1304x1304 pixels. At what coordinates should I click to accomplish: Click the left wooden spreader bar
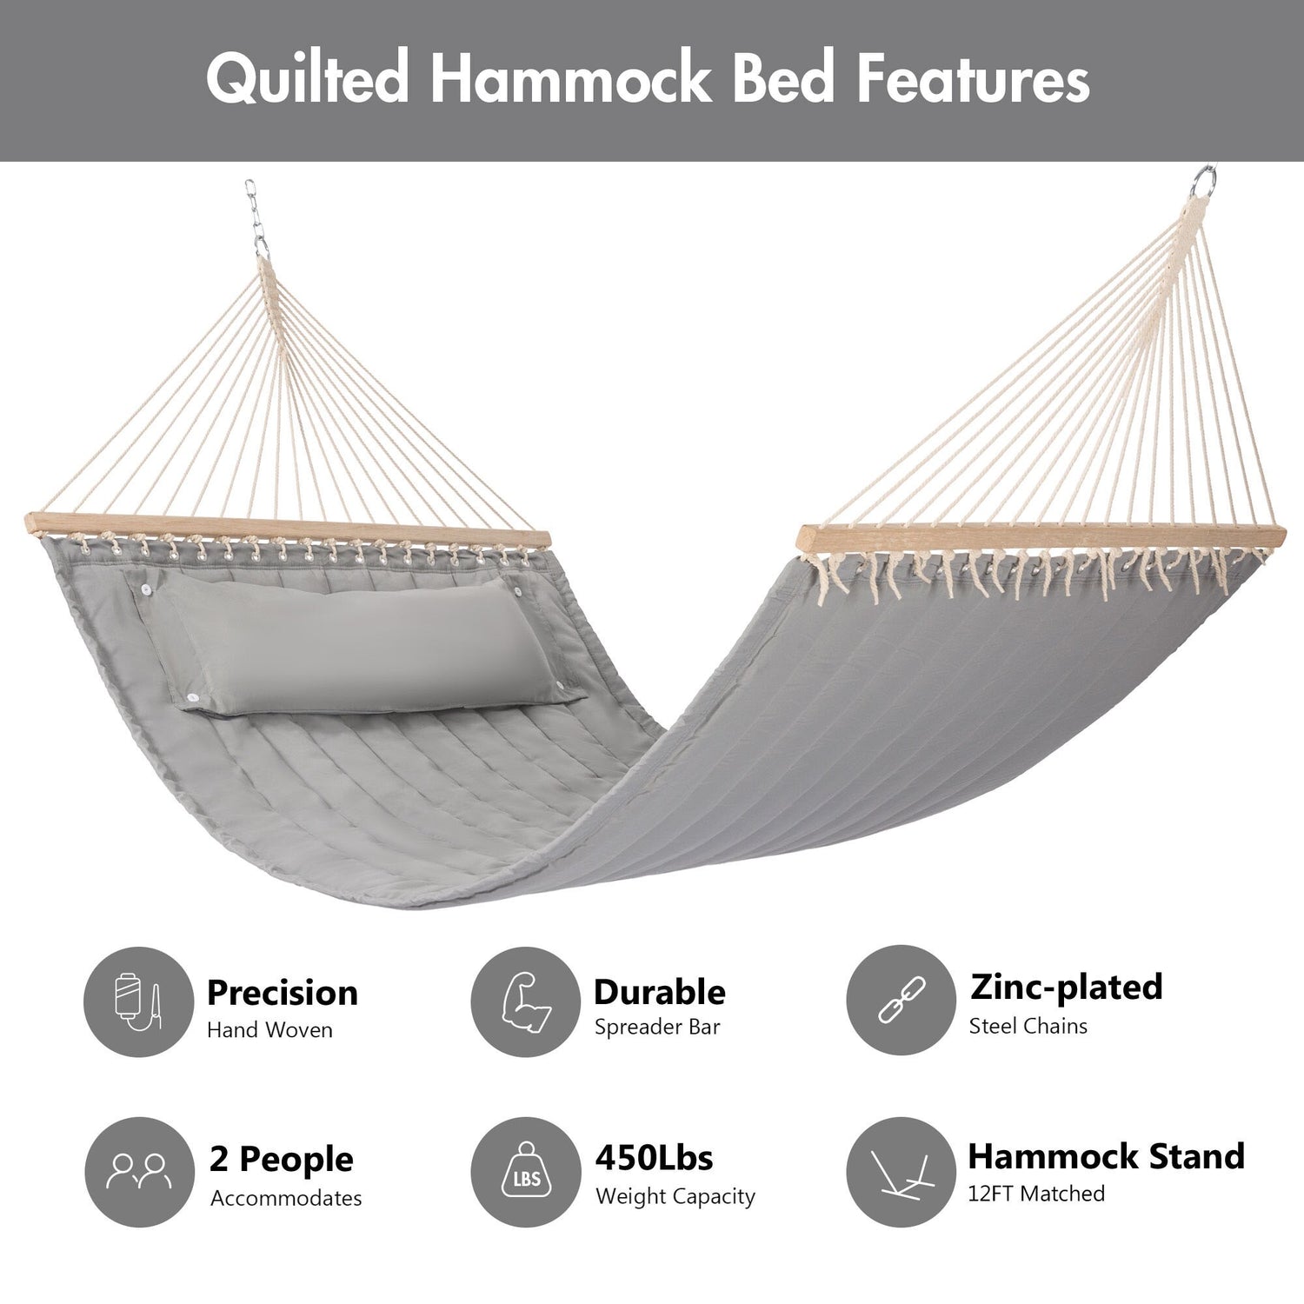pyautogui.click(x=288, y=531)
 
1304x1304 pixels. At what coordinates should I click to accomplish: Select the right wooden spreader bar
pyautogui.click(x=1041, y=536)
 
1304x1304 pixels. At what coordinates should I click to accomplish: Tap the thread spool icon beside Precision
pyautogui.click(x=138, y=1002)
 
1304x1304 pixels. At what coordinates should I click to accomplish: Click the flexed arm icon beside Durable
pyautogui.click(x=526, y=1002)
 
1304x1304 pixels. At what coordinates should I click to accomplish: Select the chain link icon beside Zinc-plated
pyautogui.click(x=901, y=1000)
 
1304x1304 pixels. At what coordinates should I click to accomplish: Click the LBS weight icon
pyautogui.click(x=526, y=1170)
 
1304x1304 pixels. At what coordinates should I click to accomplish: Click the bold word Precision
pyautogui.click(x=283, y=993)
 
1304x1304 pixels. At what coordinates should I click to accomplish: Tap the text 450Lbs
pyautogui.click(x=654, y=1158)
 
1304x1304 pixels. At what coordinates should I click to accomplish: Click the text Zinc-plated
pyautogui.click(x=1067, y=987)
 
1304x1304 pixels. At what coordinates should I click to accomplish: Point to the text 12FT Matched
pyautogui.click(x=1036, y=1194)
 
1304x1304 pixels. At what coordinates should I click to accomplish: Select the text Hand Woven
pyautogui.click(x=269, y=1030)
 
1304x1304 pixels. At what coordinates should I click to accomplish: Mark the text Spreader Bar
pyautogui.click(x=657, y=1027)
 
